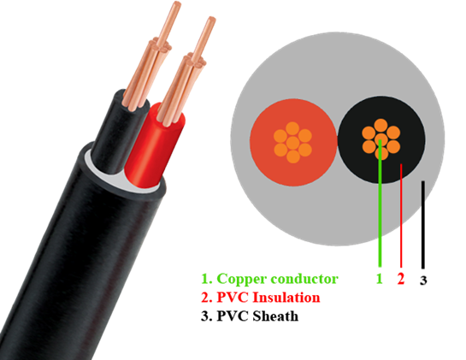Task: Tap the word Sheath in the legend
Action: click(x=275, y=316)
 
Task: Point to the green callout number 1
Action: click(x=379, y=279)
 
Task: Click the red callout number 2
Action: click(x=401, y=279)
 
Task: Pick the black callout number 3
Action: click(x=423, y=280)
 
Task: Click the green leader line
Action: click(x=380, y=203)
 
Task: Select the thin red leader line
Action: click(x=401, y=215)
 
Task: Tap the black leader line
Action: click(x=423, y=225)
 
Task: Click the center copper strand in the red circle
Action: click(x=293, y=143)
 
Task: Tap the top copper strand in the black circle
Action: click(x=381, y=126)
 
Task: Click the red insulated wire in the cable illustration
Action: click(x=155, y=149)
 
